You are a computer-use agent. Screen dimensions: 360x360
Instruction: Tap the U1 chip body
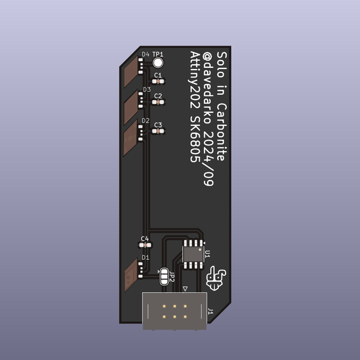coord(193,254)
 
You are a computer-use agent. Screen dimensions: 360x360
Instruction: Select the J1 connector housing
coord(174,312)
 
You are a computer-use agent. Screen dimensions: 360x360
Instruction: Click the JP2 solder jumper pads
coord(164,277)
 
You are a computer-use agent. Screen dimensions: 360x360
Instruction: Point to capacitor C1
coord(158,83)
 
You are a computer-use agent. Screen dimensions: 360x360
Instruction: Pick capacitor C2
coord(158,103)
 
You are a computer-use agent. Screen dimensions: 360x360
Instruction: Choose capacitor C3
coord(158,132)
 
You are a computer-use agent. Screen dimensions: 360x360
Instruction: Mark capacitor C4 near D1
coord(145,245)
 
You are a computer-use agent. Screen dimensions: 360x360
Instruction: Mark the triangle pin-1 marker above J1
coord(185,289)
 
